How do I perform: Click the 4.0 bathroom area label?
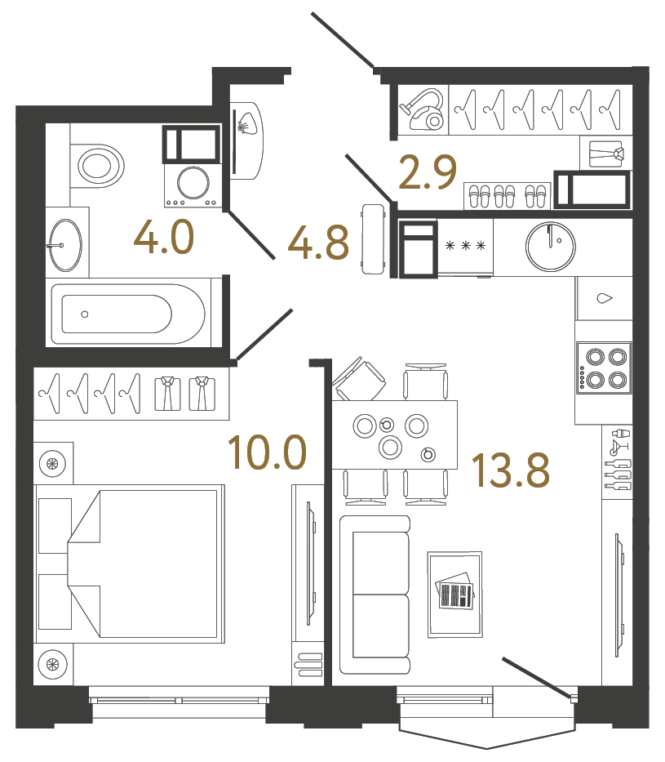pos(165,239)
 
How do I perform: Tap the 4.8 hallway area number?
pos(319,243)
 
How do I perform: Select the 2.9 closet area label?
pos(427,173)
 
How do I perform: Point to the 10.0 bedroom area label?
pos(267,452)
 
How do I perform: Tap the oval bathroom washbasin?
pos(64,244)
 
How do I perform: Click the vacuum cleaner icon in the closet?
pos(423,109)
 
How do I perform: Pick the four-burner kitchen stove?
pos(604,368)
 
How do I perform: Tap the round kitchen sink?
pos(552,243)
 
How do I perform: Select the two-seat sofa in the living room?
pos(375,594)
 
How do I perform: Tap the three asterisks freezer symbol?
pos(465,245)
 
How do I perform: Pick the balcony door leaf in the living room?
pos(537,677)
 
